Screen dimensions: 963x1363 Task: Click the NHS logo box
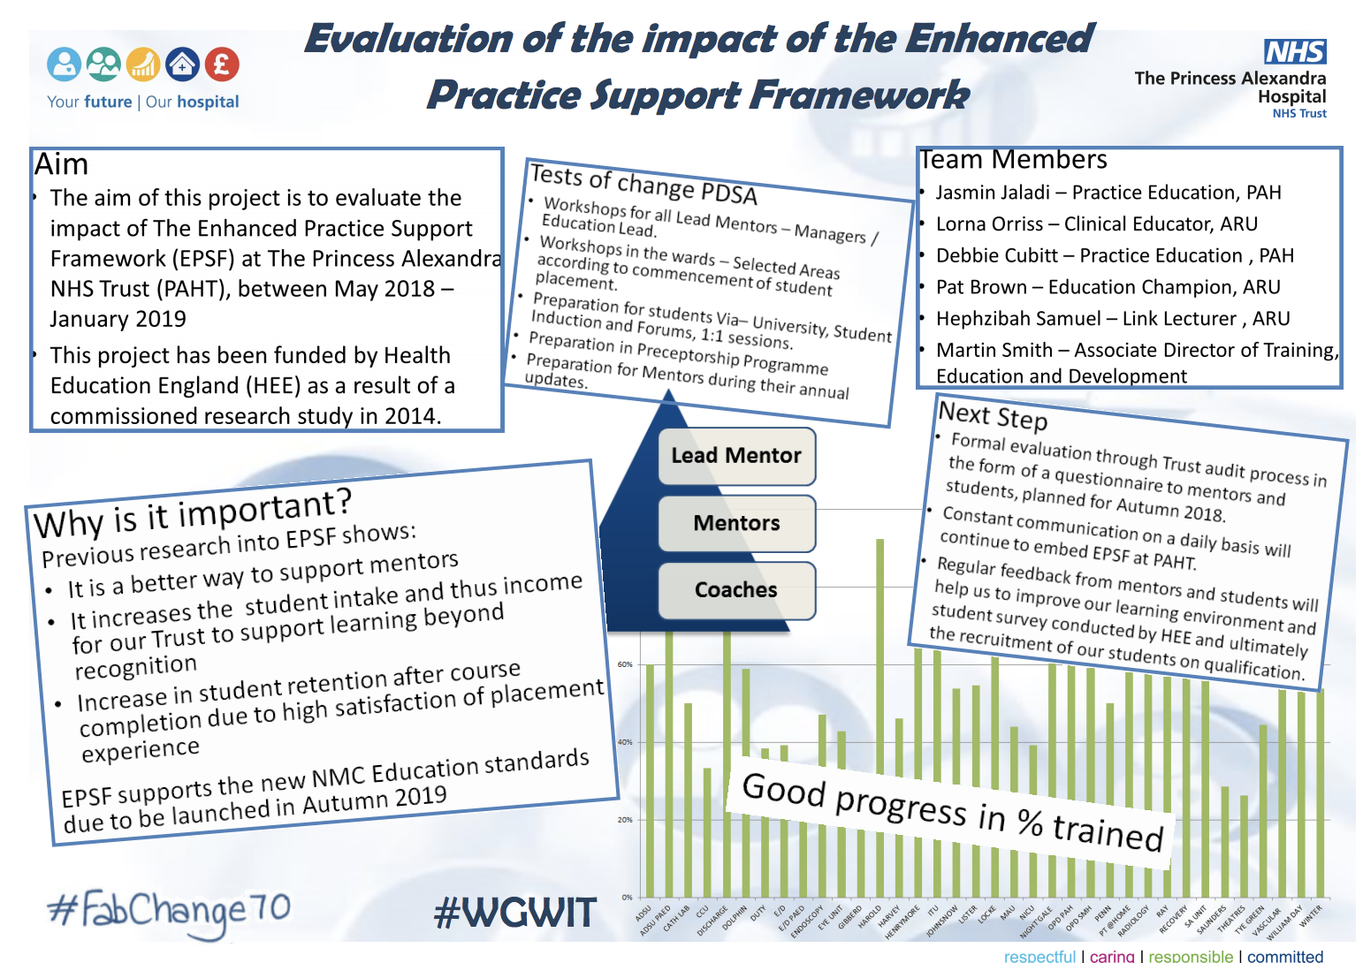[1295, 52]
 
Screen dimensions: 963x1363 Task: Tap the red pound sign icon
[222, 64]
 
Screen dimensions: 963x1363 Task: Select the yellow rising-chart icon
[143, 64]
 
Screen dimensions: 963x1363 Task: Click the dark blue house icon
[183, 64]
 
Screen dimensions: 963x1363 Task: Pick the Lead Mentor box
[735, 456]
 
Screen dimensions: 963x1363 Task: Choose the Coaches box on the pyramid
[735, 590]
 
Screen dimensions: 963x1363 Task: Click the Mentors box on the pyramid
[735, 523]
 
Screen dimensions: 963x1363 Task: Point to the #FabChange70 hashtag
[168, 911]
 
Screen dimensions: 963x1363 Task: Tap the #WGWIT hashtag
[515, 913]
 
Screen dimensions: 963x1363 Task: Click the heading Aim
[61, 165]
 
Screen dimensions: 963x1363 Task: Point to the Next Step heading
[992, 414]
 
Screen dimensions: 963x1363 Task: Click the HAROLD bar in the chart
[879, 707]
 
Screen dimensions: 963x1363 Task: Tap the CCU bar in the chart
[707, 830]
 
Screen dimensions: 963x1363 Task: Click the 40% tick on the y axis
[625, 742]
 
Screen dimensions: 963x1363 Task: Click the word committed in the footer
[1284, 956]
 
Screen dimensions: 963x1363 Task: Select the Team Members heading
[1013, 160]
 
